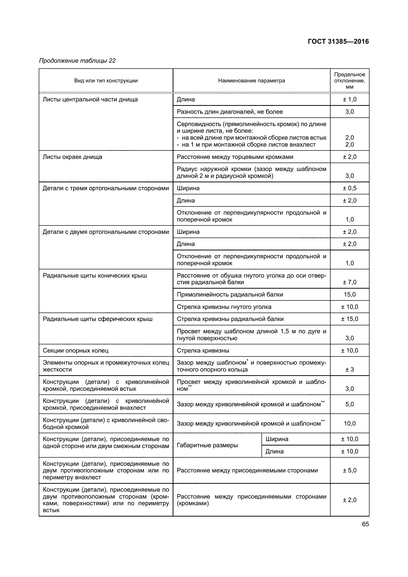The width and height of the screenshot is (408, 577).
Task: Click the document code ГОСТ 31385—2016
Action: [x=338, y=41]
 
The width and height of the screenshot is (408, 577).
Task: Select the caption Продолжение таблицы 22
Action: [x=77, y=61]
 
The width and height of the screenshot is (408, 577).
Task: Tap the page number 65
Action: [x=365, y=524]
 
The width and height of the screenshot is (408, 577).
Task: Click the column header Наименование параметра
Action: [x=251, y=81]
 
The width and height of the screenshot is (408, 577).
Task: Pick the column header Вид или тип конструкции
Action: [x=106, y=81]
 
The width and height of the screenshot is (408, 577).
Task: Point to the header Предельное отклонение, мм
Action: [x=350, y=81]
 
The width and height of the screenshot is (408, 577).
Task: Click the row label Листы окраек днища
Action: [x=72, y=157]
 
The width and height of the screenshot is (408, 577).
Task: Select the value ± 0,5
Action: [x=350, y=188]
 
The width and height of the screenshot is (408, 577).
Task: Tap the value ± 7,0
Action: [x=350, y=282]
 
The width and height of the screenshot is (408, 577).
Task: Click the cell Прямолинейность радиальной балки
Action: [x=230, y=295]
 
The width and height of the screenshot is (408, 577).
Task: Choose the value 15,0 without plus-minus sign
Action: [x=350, y=295]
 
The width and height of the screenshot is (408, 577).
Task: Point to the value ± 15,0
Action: [x=350, y=319]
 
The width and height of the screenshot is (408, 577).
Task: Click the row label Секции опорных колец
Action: [x=75, y=350]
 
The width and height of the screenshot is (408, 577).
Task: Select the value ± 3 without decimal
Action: [x=350, y=370]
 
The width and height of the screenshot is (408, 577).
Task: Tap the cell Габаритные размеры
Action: [x=207, y=445]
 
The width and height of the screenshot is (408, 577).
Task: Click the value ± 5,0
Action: [x=350, y=470]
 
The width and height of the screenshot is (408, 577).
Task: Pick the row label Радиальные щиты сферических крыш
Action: [x=97, y=319]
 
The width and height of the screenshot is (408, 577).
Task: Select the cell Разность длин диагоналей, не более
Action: [x=230, y=112]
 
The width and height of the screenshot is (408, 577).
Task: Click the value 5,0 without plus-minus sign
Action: [x=350, y=404]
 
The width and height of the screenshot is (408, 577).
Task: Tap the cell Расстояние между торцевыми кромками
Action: [x=235, y=157]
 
